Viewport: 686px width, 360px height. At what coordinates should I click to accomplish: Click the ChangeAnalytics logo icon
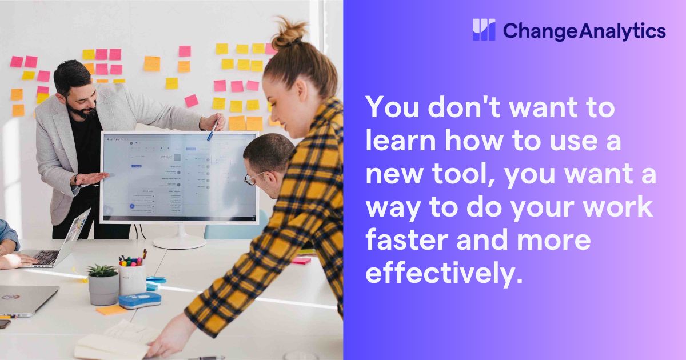tap(484, 30)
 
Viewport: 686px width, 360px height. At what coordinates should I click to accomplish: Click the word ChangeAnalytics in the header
tap(584, 30)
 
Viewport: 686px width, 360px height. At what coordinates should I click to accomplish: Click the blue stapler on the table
tap(139, 300)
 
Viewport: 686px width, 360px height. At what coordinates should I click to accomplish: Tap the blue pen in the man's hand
tap(214, 129)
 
